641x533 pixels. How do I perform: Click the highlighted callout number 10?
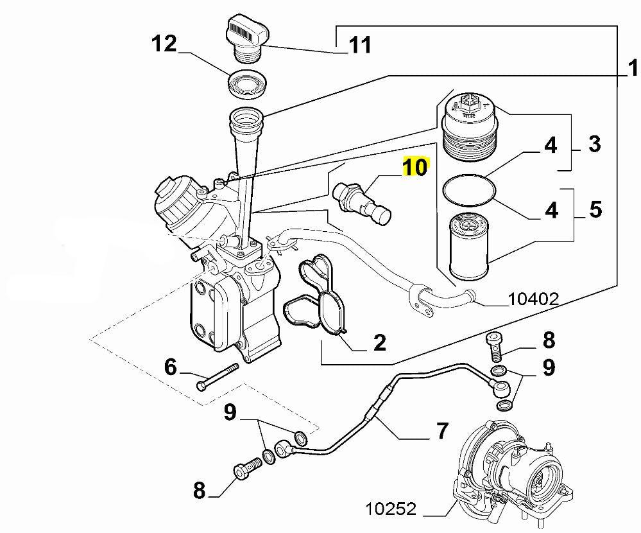[415, 168]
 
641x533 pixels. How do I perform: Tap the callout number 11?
[359, 45]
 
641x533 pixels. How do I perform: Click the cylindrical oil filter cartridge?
[470, 243]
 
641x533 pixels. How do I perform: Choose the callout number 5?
[595, 209]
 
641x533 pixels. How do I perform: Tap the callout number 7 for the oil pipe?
[442, 431]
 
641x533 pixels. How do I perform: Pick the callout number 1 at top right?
[633, 66]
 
